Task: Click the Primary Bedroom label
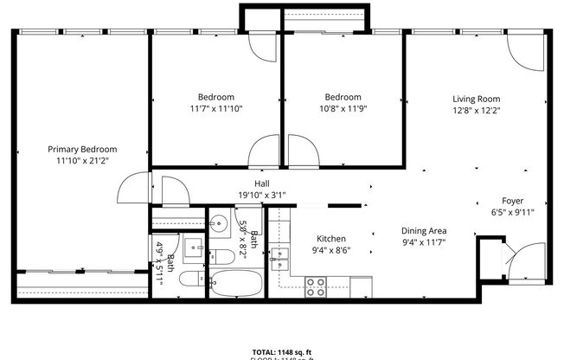82,149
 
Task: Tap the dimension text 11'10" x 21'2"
82,160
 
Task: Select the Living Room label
477,98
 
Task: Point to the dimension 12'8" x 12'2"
477,110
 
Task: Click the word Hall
261,183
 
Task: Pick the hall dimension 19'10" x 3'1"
261,195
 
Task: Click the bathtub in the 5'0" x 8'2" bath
234,285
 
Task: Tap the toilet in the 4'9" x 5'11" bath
194,280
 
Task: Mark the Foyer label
513,201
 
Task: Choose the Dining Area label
423,231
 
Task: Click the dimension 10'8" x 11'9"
343,109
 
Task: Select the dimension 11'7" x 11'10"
215,109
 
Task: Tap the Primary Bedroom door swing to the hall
135,187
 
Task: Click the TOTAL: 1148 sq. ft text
281,350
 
